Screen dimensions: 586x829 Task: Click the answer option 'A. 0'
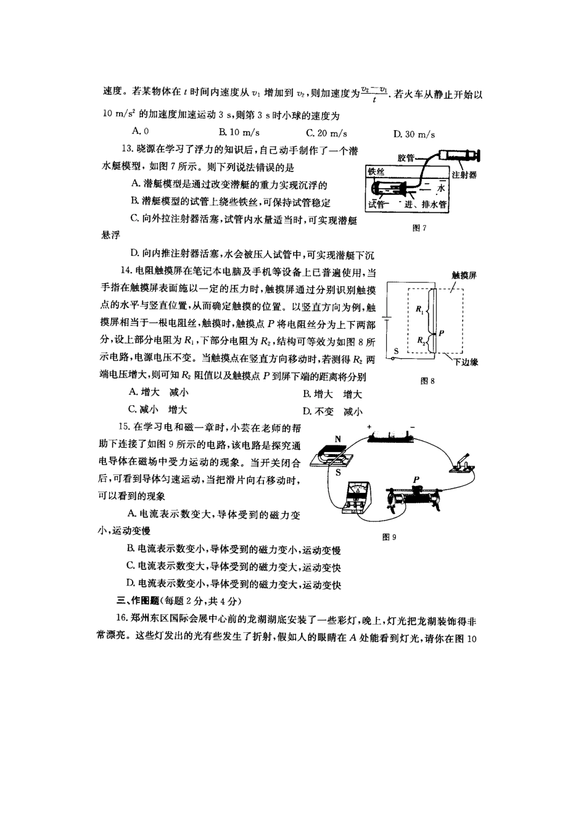[x=141, y=131]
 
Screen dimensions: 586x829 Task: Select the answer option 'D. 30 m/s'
[x=414, y=134]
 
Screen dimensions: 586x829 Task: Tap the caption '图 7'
[x=419, y=228]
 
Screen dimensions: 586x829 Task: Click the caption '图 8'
[x=427, y=381]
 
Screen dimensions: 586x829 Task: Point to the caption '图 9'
[x=389, y=537]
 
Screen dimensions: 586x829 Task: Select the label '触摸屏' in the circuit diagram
[x=464, y=275]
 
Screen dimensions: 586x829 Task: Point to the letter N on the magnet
[x=337, y=439]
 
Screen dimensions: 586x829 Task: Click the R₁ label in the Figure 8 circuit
[x=419, y=309]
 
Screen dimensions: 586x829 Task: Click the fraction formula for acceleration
[x=374, y=94]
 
